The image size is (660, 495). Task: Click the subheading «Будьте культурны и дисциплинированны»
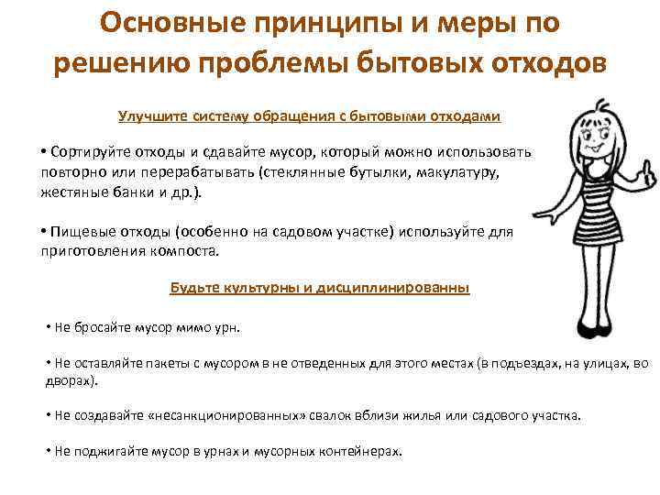320,287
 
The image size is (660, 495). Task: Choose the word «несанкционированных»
244,415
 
